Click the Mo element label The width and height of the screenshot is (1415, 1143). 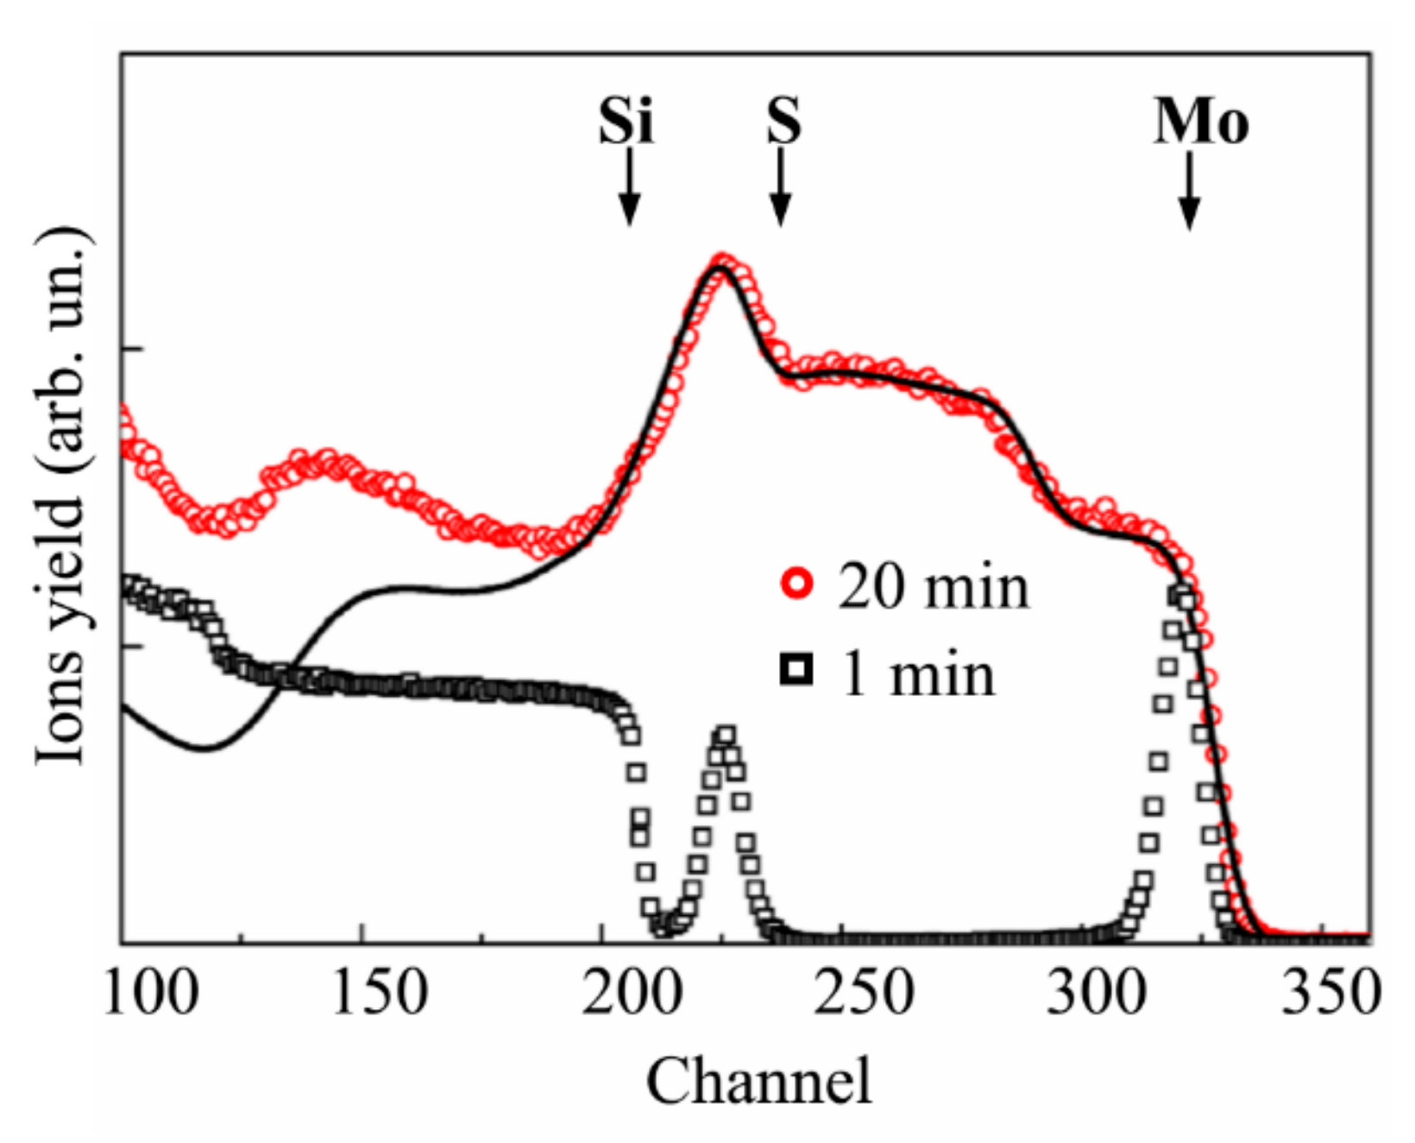1201,122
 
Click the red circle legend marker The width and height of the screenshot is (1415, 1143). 797,584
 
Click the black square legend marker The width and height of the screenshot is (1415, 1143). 796,669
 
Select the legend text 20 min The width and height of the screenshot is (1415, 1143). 934,587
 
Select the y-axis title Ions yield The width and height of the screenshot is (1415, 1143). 62,496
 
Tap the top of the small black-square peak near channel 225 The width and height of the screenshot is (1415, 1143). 725,736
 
